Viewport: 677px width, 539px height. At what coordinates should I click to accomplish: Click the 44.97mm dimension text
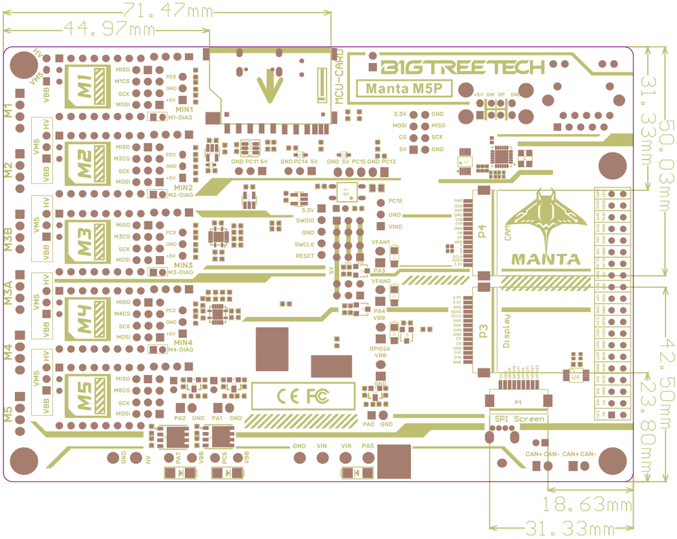tap(108, 29)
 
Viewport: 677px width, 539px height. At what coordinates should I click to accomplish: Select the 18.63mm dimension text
tap(586, 504)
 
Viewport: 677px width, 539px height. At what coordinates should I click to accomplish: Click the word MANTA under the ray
tap(545, 259)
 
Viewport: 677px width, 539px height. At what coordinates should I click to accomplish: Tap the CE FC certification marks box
tap(303, 395)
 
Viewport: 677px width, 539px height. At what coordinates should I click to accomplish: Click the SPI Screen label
tap(520, 419)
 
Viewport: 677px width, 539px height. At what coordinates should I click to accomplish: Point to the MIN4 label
tap(183, 343)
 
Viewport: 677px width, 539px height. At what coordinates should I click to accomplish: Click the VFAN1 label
tap(381, 242)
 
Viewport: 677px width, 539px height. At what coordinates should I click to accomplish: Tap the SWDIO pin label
tap(304, 221)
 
